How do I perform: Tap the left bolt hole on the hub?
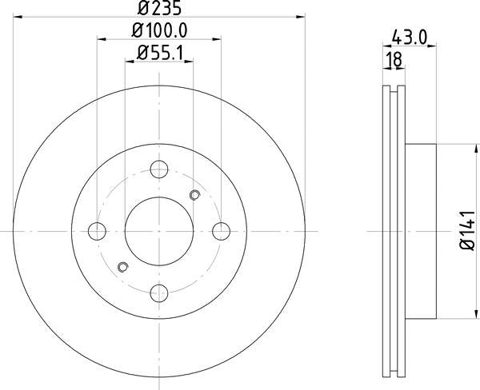click(98, 231)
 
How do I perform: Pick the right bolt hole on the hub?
click(222, 231)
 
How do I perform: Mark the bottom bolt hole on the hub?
click(159, 292)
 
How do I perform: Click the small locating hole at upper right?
click(194, 195)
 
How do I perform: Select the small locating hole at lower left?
click(122, 266)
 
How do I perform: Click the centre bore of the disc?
click(159, 231)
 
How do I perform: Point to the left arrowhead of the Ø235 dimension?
click(17, 15)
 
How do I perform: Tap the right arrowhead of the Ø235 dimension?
click(302, 15)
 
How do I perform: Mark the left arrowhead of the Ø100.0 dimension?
click(101, 38)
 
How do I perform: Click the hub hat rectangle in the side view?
click(421, 231)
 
